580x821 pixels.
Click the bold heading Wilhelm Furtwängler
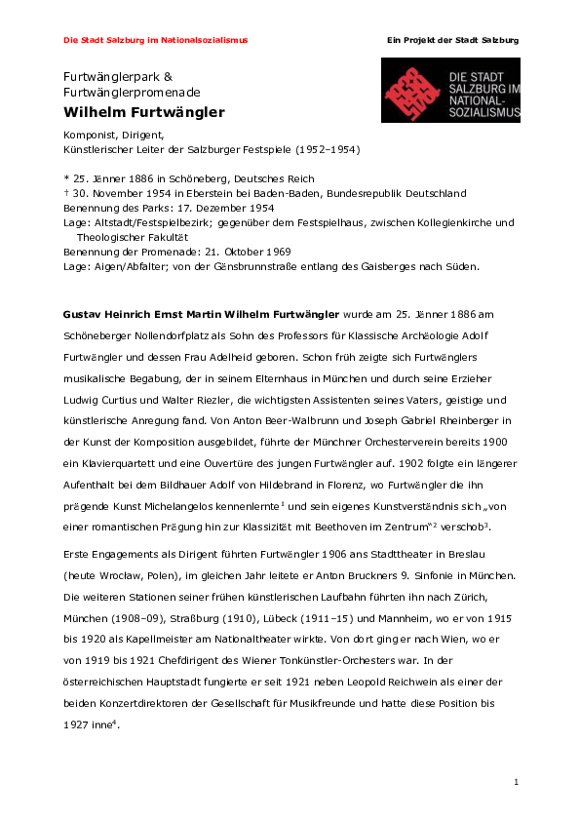pyautogui.click(x=143, y=112)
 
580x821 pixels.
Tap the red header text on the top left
pyautogui.click(x=155, y=40)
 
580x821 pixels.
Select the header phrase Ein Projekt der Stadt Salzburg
pyautogui.click(x=452, y=40)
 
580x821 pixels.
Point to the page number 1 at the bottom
pyautogui.click(x=516, y=783)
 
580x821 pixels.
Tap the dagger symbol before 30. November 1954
pyautogui.click(x=65, y=193)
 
